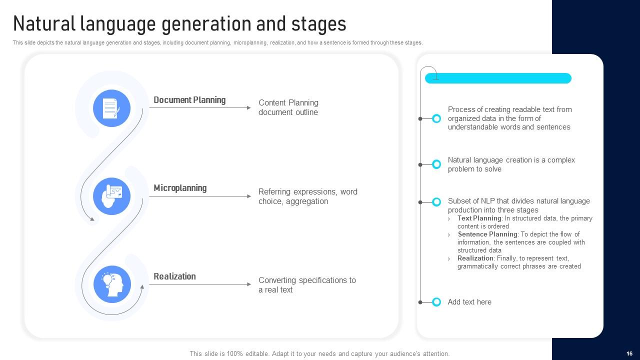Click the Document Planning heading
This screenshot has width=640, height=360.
click(x=189, y=100)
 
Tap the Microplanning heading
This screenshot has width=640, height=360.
click(x=179, y=188)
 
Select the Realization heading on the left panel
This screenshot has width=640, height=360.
click(x=174, y=276)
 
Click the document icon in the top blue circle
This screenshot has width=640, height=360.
click(x=111, y=108)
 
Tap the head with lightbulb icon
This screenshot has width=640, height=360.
click(x=111, y=284)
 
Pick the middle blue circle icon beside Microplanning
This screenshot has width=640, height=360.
click(x=111, y=196)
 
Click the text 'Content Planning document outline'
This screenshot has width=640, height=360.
click(x=288, y=107)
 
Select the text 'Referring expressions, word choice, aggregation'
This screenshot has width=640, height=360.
click(x=307, y=196)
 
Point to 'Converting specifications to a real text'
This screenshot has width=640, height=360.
click(x=306, y=285)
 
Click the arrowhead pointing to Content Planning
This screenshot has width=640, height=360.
click(x=249, y=107)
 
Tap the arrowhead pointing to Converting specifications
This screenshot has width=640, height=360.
click(x=249, y=284)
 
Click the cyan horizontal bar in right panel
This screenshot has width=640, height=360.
click(x=498, y=78)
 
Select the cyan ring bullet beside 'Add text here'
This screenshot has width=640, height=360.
click(x=436, y=302)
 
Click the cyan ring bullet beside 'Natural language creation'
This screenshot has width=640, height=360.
click(x=436, y=164)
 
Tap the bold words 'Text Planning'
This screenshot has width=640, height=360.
click(x=479, y=218)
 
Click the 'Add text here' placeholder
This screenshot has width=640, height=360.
click(x=469, y=302)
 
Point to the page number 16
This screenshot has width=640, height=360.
click(x=629, y=353)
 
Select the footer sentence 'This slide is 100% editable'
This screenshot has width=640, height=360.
click(x=319, y=353)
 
